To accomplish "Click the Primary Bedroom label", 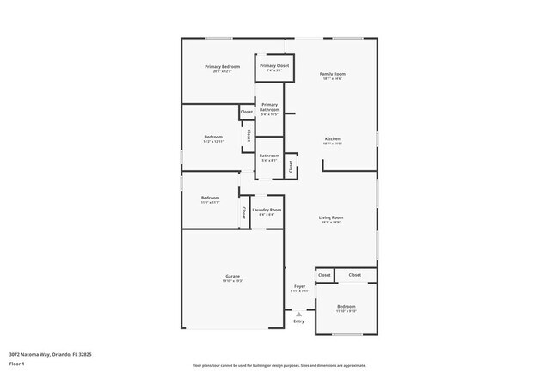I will click(222, 67).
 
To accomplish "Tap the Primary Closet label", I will click(274, 65).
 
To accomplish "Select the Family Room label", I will click(333, 75).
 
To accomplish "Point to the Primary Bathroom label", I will click(270, 107).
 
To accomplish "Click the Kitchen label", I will click(333, 139).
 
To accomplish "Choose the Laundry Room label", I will click(267, 210).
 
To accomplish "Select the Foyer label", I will click(299, 286).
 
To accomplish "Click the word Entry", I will click(299, 321).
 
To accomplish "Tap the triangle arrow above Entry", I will click(299, 314).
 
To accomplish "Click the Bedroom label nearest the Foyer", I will click(347, 307).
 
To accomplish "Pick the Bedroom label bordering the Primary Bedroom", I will click(213, 138).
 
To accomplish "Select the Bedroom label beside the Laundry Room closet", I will click(211, 198).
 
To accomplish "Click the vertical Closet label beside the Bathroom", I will click(291, 166).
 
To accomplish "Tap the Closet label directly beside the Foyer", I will click(324, 275).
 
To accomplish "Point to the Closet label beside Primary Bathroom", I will click(247, 112).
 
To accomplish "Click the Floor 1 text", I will click(16, 364).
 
